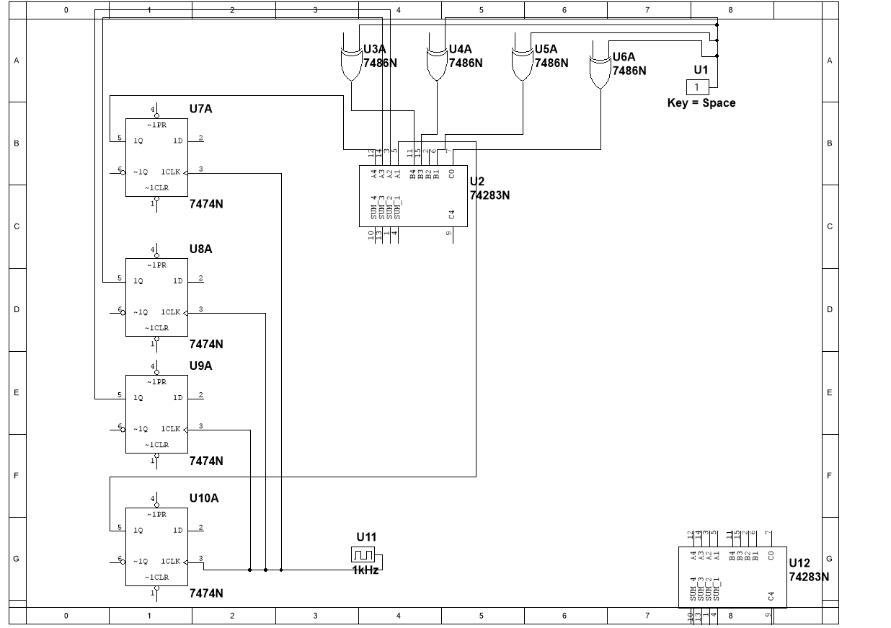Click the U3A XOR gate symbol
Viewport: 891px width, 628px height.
pyautogui.click(x=351, y=64)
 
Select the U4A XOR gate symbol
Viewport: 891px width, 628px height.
pyautogui.click(x=436, y=64)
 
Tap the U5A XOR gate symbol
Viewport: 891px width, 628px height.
pyautogui.click(x=522, y=64)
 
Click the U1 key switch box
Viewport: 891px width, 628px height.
pyautogui.click(x=697, y=87)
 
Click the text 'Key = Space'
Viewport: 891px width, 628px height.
pyautogui.click(x=701, y=103)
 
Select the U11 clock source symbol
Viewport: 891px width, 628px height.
pyautogui.click(x=363, y=554)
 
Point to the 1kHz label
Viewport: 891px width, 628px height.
pyautogui.click(x=365, y=570)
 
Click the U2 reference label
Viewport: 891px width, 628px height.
pyautogui.click(x=477, y=182)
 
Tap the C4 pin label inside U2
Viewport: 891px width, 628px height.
pyautogui.click(x=452, y=214)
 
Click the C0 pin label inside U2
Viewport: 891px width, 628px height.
pyautogui.click(x=452, y=173)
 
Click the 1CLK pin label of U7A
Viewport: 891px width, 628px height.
pyautogui.click(x=170, y=172)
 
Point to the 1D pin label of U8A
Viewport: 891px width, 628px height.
pyautogui.click(x=177, y=281)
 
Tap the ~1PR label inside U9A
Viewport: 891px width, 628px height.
pyautogui.click(x=156, y=382)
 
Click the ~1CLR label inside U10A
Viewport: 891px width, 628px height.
pyautogui.click(x=156, y=578)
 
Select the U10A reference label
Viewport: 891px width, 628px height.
pyautogui.click(x=204, y=498)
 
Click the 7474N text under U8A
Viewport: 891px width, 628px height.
pyautogui.click(x=206, y=344)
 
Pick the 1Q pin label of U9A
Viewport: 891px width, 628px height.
pyautogui.click(x=137, y=398)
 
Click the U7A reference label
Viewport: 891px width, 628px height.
pyautogui.click(x=201, y=109)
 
